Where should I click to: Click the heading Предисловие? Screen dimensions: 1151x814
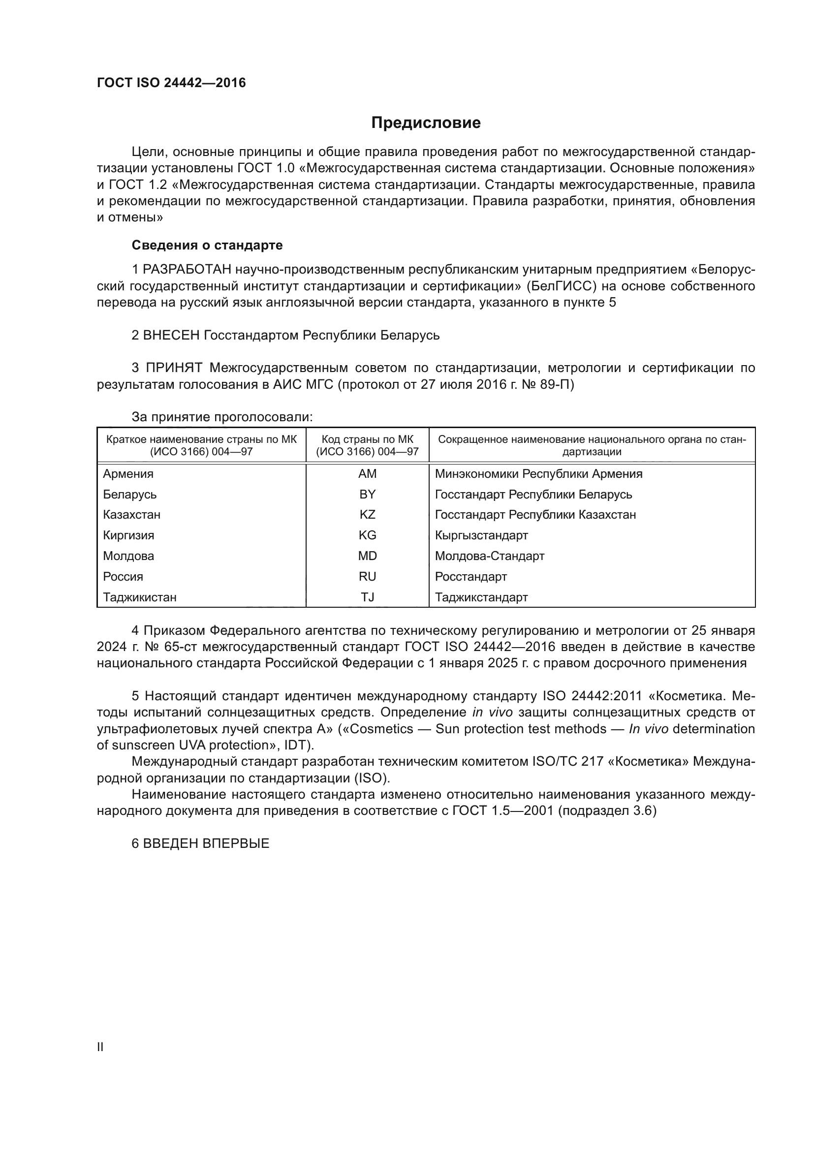tap(426, 123)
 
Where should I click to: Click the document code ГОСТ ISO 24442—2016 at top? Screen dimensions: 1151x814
tap(171, 83)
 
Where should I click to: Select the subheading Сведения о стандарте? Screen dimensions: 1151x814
tap(207, 245)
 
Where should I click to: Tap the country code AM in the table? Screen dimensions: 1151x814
tap(368, 474)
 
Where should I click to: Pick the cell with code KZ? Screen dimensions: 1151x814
tap(368, 515)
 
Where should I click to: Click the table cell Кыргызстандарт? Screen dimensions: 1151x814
tap(481, 535)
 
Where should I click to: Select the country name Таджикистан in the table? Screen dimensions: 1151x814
tap(140, 597)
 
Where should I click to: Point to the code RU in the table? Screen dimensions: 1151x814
tap(368, 577)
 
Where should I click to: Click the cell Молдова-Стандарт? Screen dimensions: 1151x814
tap(489, 556)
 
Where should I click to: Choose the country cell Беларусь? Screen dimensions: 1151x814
tap(130, 494)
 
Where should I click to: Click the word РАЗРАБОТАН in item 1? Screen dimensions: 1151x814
tap(187, 270)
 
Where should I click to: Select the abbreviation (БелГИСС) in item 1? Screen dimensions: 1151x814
tap(561, 286)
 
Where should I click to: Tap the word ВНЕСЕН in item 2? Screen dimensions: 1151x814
tap(171, 335)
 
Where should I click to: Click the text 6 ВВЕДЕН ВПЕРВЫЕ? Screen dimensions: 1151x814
tap(200, 843)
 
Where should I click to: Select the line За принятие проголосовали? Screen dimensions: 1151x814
tap(222, 417)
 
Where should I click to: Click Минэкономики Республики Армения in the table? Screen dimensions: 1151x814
tap(538, 474)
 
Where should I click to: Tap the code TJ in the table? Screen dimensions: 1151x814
tap(368, 597)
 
